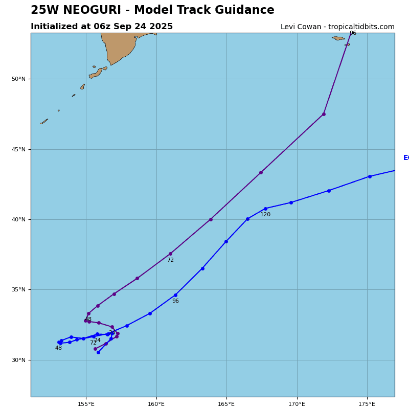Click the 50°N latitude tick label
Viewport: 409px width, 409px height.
coord(18,79)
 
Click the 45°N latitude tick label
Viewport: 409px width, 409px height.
coord(18,149)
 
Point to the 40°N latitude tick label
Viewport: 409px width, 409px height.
coord(18,220)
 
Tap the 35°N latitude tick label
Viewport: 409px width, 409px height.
coord(18,290)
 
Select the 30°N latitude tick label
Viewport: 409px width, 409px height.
coord(18,360)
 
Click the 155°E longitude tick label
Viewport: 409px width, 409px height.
coord(86,404)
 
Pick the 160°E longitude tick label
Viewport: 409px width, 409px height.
coord(156,404)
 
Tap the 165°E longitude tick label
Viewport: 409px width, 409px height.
coord(226,404)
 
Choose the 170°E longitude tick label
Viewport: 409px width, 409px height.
coord(297,404)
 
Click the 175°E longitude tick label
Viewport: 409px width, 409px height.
coord(367,404)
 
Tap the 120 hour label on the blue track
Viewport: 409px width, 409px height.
coord(265,215)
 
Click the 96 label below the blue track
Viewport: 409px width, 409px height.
coord(175,301)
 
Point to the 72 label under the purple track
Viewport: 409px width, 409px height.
coord(170,260)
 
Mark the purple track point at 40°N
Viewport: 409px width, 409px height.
coord(211,219)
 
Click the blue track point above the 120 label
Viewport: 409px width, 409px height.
coord(265,209)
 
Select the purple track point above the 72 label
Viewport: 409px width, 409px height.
coord(170,254)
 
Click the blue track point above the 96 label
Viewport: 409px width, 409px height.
coord(175,295)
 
